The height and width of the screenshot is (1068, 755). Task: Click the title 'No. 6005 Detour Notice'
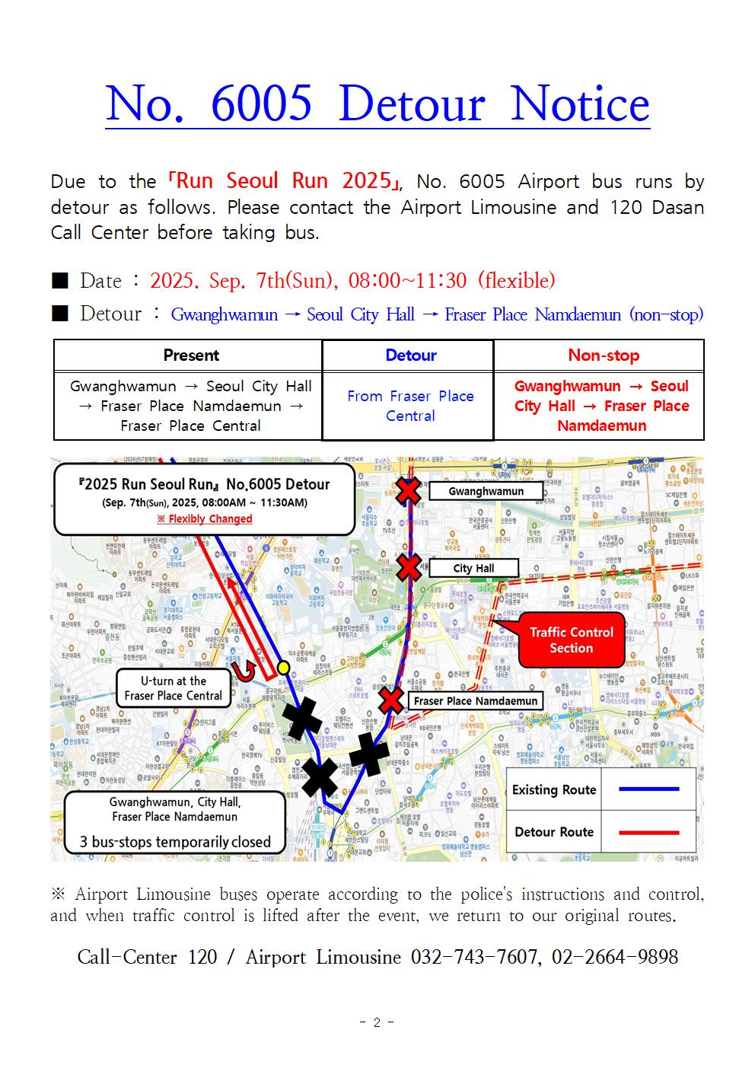pos(377,104)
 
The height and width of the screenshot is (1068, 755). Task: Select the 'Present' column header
pos(190,355)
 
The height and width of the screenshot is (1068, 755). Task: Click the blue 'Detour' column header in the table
pos(410,355)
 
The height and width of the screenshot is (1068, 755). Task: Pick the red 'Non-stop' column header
pos(603,355)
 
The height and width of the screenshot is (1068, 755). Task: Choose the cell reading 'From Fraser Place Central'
pos(410,406)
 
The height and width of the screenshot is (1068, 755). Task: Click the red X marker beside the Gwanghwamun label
pos(409,490)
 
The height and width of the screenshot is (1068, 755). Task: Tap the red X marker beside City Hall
pos(409,567)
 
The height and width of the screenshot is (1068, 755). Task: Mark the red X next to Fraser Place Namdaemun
pos(391,700)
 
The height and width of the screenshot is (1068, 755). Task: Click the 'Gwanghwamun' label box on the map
pos(486,491)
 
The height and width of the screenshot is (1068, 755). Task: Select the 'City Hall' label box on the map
pos(473,568)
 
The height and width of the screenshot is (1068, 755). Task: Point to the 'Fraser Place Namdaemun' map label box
pos(476,701)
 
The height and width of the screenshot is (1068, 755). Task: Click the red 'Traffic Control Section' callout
pos(571,639)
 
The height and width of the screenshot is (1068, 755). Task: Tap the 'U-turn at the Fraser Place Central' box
pos(174,688)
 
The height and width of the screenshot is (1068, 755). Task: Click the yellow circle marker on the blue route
pos(283,668)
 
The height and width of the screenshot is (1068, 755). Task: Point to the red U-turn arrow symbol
pos(246,671)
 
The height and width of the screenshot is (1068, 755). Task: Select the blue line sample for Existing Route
pos(648,789)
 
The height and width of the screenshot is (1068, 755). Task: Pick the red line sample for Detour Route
pos(648,832)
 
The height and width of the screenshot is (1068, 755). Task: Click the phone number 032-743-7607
pos(473,957)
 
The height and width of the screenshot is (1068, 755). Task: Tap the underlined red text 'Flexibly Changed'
pos(205,519)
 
